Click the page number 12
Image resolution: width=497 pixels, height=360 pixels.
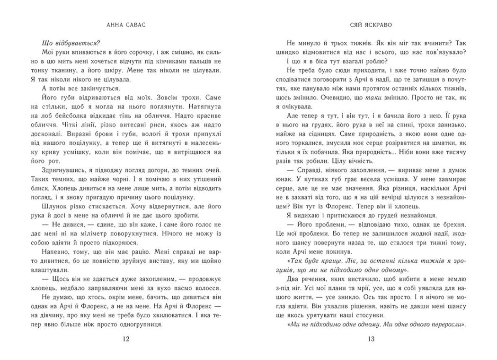(x=126, y=339)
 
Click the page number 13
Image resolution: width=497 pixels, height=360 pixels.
(x=371, y=339)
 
